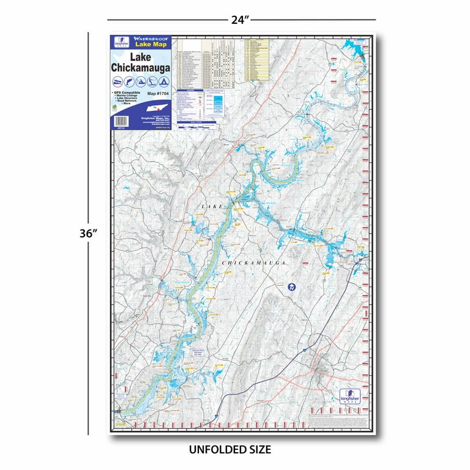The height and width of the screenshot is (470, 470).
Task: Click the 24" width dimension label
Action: [241, 20]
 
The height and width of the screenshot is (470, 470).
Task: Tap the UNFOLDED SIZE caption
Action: [230, 449]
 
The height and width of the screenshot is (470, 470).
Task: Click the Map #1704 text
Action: [159, 94]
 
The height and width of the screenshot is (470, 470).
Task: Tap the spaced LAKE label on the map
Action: [214, 209]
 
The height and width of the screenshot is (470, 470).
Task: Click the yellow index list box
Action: [257, 60]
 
